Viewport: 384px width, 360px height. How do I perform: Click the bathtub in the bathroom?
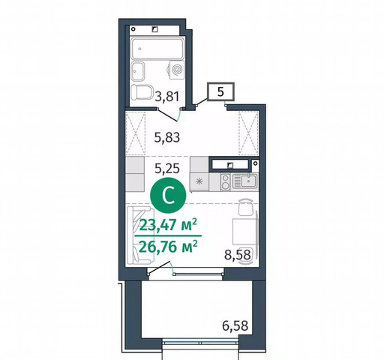pyautogui.click(x=157, y=49)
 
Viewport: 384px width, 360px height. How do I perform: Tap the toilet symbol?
pyautogui.click(x=142, y=91)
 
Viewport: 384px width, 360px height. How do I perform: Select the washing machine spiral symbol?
pyautogui.click(x=178, y=70)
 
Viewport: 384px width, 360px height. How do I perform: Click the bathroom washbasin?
pyautogui.click(x=138, y=71)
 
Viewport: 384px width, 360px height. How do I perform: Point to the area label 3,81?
pyautogui.click(x=167, y=97)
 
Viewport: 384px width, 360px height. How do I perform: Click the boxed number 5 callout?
pyautogui.click(x=220, y=91)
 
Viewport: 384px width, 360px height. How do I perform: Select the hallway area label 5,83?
pyautogui.click(x=167, y=137)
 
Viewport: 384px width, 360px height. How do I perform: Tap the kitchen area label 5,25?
pyautogui.click(x=167, y=169)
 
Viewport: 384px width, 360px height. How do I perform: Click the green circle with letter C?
pyautogui.click(x=168, y=196)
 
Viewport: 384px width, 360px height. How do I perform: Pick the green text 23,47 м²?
pyautogui.click(x=168, y=225)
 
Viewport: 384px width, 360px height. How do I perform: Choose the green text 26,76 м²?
pyautogui.click(x=168, y=247)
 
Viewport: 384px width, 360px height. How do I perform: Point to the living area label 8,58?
pyautogui.click(x=238, y=255)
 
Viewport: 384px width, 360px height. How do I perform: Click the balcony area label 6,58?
pyautogui.click(x=235, y=325)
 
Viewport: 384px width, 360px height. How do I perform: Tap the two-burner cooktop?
pyautogui.click(x=225, y=182)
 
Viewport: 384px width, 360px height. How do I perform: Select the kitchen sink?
pyautogui.click(x=244, y=181)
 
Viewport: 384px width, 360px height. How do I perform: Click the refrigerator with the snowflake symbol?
pyautogui.click(x=199, y=181)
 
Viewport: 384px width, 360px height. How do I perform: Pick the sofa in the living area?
pyautogui.click(x=139, y=235)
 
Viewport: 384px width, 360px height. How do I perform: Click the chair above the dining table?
pyautogui.click(x=245, y=206)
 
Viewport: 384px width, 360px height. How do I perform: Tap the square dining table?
pyautogui.click(x=244, y=231)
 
